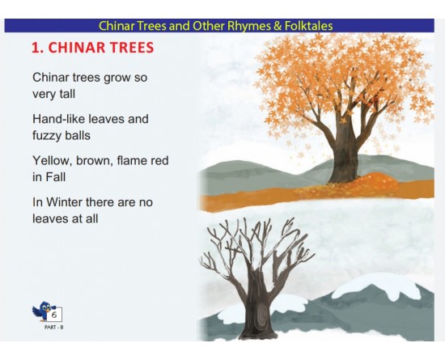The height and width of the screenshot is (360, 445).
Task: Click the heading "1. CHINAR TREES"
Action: [92, 48]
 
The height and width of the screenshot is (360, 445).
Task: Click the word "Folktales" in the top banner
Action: [305, 26]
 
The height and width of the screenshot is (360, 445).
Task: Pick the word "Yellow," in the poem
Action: [54, 160]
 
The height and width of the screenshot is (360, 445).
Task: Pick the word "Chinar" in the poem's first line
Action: [51, 78]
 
